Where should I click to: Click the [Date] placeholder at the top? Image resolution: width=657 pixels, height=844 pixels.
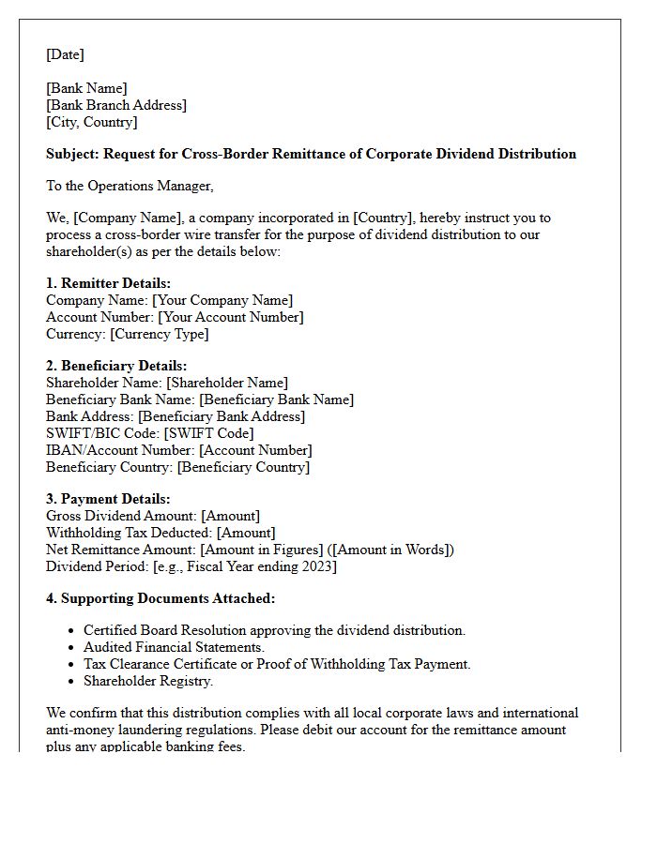click(65, 55)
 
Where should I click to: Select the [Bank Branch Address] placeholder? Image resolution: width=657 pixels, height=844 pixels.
click(116, 105)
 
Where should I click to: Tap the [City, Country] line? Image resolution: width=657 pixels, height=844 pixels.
click(92, 122)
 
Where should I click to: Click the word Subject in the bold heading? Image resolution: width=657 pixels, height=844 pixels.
click(72, 154)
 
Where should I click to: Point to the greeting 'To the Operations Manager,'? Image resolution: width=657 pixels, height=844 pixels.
click(130, 186)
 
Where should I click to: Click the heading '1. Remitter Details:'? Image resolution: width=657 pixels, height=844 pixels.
click(108, 283)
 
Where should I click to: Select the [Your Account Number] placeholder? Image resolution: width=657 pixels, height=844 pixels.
click(230, 317)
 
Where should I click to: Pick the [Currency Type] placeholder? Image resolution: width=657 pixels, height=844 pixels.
click(159, 334)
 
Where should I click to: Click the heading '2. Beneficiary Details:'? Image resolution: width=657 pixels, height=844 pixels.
click(116, 366)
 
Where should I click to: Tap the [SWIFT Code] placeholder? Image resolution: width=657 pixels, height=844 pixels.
click(208, 433)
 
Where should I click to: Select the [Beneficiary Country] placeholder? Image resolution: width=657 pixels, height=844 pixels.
click(243, 467)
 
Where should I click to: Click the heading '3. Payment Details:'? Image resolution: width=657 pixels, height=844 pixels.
click(108, 499)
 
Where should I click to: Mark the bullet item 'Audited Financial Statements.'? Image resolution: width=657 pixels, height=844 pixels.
click(174, 647)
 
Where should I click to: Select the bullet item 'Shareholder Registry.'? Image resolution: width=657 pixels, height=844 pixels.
click(147, 681)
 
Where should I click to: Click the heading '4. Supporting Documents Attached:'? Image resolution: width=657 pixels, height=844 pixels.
click(160, 598)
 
